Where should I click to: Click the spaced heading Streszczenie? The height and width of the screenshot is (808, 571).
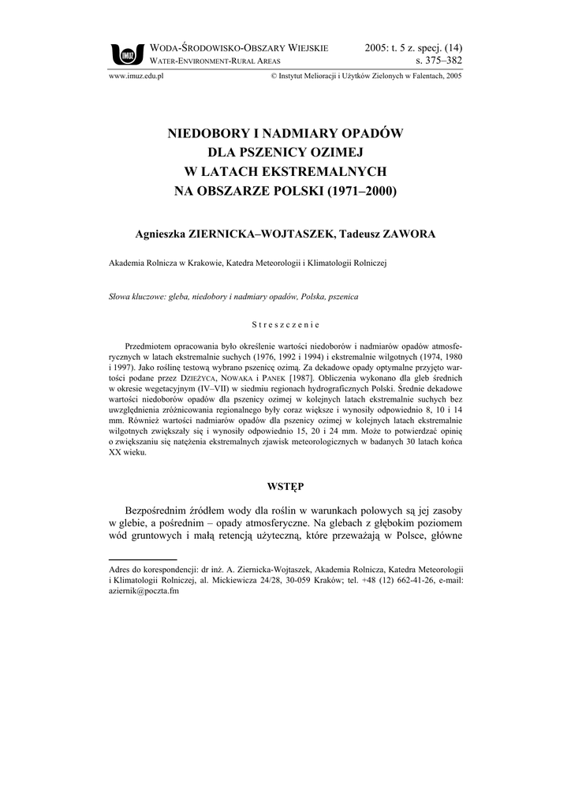tap(285, 324)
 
